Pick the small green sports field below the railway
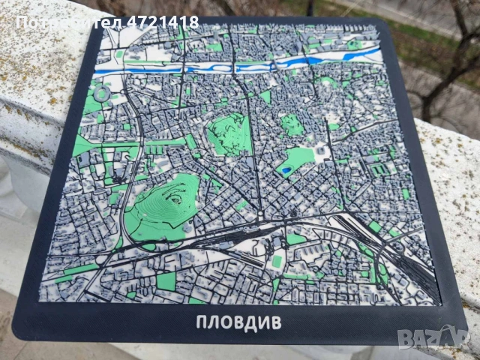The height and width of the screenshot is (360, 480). pyautogui.click(x=277, y=261)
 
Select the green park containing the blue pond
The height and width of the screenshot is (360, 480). pyautogui.click(x=296, y=161)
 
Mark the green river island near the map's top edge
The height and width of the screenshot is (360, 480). pyautogui.click(x=353, y=45)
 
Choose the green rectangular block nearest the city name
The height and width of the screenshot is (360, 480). pyautogui.click(x=166, y=282)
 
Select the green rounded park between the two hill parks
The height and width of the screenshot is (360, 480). pyautogui.click(x=292, y=124)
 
